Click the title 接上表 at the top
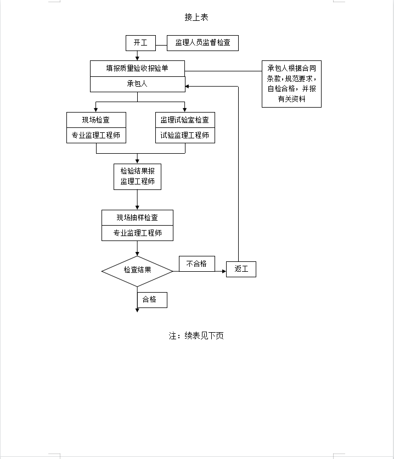click(x=196, y=17)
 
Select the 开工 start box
click(x=140, y=43)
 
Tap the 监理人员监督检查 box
click(x=202, y=43)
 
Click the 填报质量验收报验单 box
click(x=138, y=69)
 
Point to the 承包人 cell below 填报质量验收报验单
click(x=138, y=85)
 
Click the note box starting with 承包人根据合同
click(x=291, y=84)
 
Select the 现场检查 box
click(x=96, y=120)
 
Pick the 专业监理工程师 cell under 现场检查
click(x=96, y=135)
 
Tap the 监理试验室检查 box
click(x=185, y=120)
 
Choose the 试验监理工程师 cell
click(x=185, y=135)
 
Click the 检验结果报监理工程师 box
click(x=138, y=177)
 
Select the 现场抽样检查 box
click(x=138, y=218)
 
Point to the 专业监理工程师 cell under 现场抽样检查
click(x=138, y=233)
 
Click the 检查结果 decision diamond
click(x=138, y=271)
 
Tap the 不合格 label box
click(x=197, y=264)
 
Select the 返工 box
click(x=241, y=270)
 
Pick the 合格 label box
click(x=152, y=300)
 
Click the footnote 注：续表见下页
click(x=196, y=336)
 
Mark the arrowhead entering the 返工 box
click(x=224, y=271)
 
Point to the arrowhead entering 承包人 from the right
click(x=187, y=86)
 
